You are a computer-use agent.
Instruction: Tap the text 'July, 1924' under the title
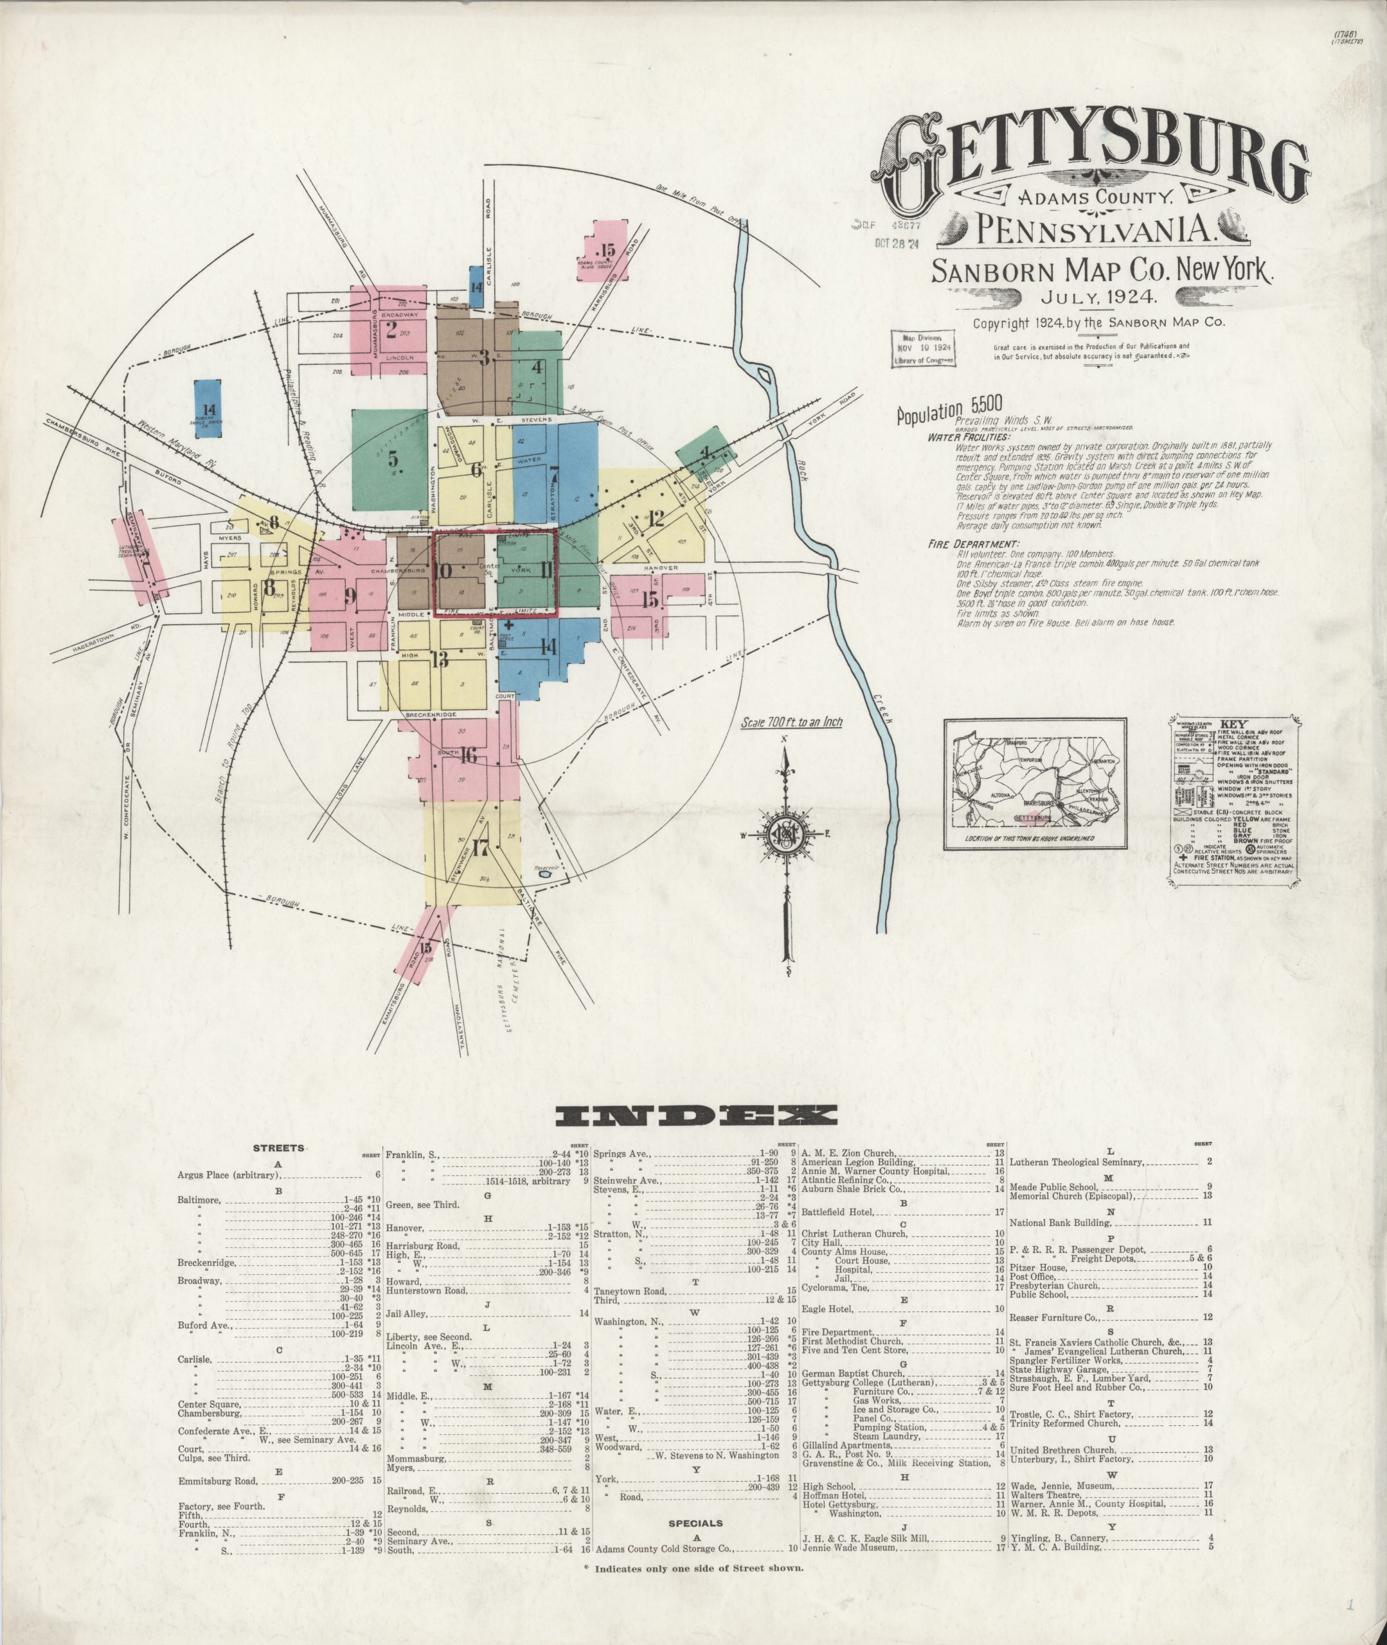pyautogui.click(x=1098, y=296)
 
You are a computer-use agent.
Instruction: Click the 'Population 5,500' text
pyautogui.click(x=949, y=409)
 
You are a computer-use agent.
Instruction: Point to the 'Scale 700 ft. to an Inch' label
pyautogui.click(x=791, y=722)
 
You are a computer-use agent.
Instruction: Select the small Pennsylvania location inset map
pyautogui.click(x=1035, y=783)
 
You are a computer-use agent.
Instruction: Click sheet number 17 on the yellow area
pyautogui.click(x=480, y=848)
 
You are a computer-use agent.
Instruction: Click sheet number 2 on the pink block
pyautogui.click(x=391, y=330)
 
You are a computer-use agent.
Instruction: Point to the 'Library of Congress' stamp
pyautogui.click(x=922, y=349)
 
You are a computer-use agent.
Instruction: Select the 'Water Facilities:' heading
pyautogui.click(x=968, y=437)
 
